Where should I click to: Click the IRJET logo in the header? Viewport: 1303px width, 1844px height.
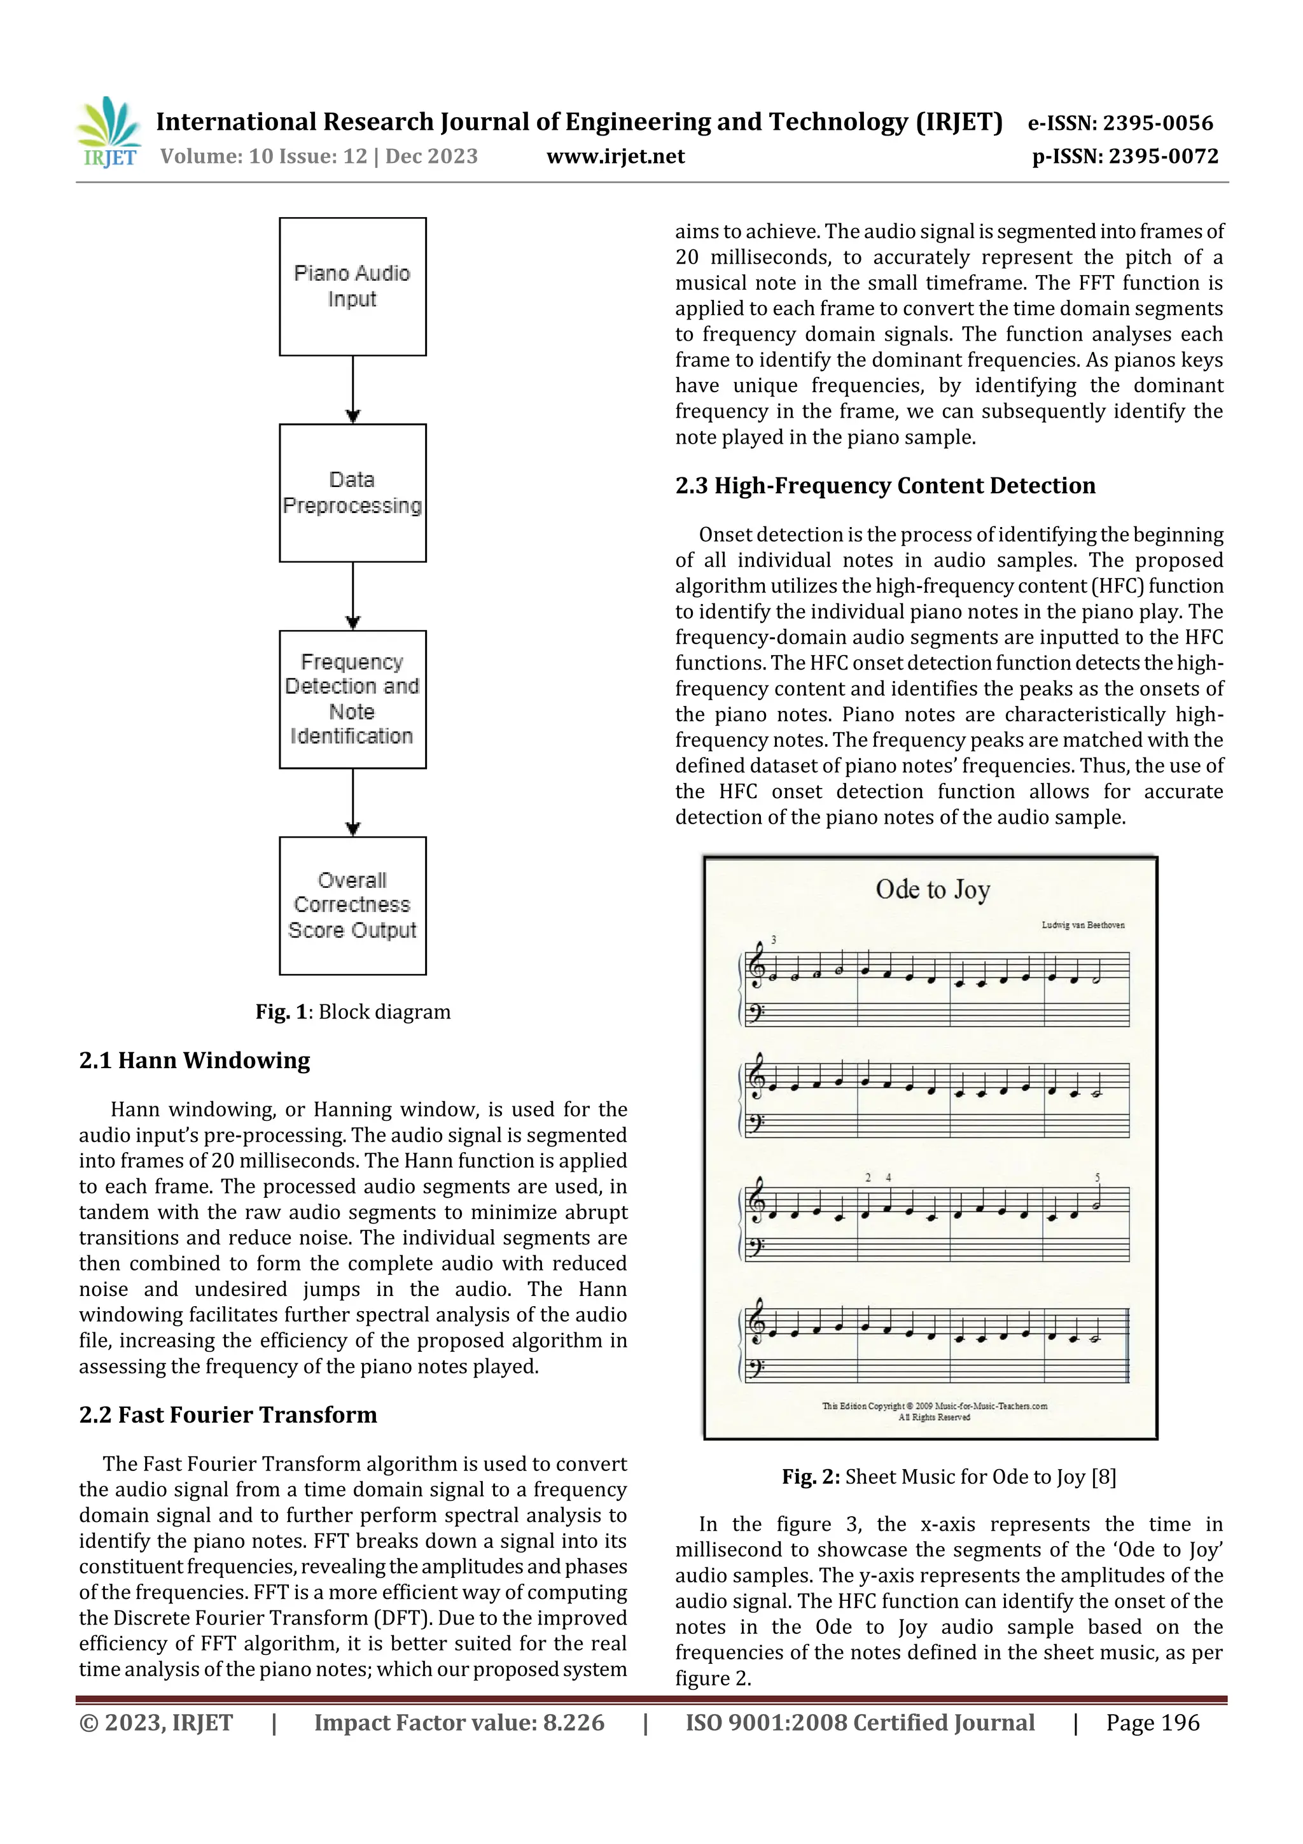click(108, 132)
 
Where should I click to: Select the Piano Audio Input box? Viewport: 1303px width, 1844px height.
click(352, 286)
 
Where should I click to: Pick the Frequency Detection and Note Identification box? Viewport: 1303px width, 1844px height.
click(352, 699)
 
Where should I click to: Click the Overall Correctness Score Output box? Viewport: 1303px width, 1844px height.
click(352, 905)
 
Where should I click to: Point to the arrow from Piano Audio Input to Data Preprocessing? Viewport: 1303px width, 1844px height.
click(352, 390)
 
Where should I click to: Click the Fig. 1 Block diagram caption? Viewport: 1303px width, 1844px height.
click(352, 1011)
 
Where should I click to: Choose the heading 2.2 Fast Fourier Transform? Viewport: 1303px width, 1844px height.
click(228, 1414)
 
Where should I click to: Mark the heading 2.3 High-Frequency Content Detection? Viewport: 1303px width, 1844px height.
click(885, 485)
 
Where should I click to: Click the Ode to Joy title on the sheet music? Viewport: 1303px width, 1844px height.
click(932, 889)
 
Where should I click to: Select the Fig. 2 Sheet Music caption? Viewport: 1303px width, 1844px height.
click(949, 1476)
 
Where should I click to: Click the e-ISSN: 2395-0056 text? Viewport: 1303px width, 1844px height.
click(1120, 123)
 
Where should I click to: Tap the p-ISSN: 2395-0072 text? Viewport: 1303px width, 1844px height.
click(1125, 156)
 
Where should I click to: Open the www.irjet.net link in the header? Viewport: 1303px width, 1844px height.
click(615, 156)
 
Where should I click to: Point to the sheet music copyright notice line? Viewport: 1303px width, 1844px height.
click(934, 1405)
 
